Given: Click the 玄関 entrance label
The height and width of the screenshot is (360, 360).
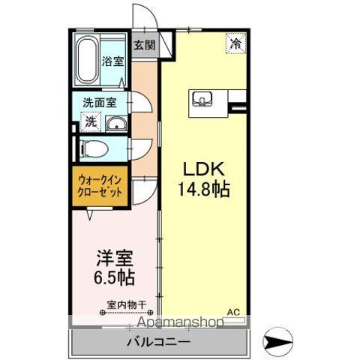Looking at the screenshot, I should click(x=145, y=44).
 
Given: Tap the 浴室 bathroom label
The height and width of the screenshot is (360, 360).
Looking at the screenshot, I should click(x=112, y=61).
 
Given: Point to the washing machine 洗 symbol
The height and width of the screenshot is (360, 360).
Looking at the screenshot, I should click(x=88, y=121).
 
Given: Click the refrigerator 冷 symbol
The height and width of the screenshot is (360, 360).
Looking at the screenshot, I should click(x=235, y=43).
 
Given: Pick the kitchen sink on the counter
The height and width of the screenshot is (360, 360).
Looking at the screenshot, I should click(x=203, y=99).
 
